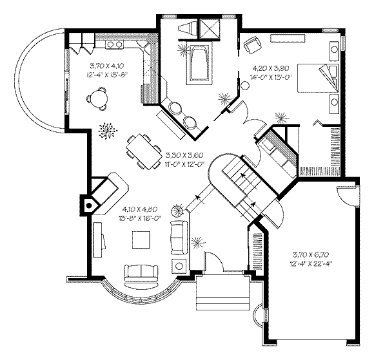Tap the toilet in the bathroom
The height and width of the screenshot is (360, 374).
click(188, 28)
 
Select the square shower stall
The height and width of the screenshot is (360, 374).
click(209, 28)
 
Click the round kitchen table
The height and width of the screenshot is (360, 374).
click(98, 98)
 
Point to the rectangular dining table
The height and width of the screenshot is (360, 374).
click(144, 151)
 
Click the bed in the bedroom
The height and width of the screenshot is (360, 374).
click(318, 78)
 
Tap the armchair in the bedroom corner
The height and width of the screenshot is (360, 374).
click(253, 45)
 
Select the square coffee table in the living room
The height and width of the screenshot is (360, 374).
click(141, 240)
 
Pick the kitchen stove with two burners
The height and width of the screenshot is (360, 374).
click(114, 44)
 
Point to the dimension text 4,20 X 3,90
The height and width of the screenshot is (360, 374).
click(271, 68)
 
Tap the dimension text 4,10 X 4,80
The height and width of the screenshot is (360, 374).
click(140, 209)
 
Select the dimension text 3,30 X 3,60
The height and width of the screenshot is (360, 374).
click(184, 155)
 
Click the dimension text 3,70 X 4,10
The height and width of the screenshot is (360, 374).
click(107, 66)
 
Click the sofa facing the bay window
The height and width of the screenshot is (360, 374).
click(141, 273)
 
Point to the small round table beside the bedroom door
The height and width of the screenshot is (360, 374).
click(245, 85)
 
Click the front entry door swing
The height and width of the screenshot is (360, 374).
click(214, 261)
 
